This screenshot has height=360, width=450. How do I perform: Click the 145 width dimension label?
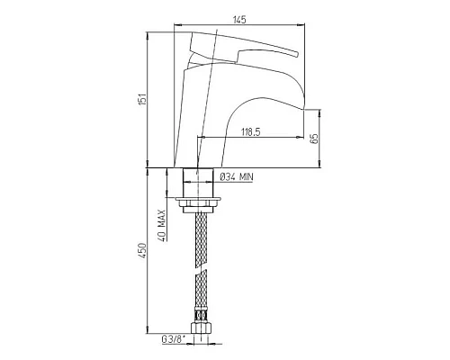click(x=239, y=20)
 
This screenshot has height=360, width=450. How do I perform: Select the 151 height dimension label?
click(x=142, y=99)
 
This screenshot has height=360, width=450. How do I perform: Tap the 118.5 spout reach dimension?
click(x=251, y=131)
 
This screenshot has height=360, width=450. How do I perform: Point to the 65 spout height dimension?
click(x=314, y=139)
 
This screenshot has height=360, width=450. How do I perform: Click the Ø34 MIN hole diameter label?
click(x=237, y=177)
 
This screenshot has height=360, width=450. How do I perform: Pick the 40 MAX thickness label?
click(x=162, y=225)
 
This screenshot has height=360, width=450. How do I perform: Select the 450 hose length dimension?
click(x=142, y=250)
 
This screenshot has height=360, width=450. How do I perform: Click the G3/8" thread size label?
click(x=174, y=339)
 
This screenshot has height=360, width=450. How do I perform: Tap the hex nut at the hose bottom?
click(x=201, y=327)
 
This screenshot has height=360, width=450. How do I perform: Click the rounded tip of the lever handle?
click(x=296, y=54)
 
